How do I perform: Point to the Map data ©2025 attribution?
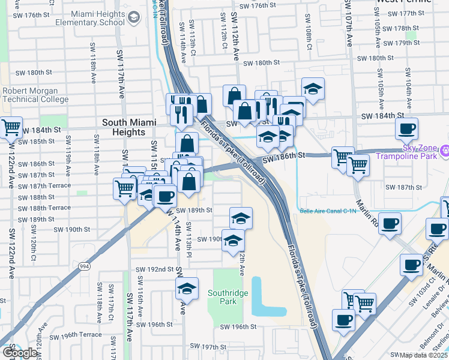tap(423, 355)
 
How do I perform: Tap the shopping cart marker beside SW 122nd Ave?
tap(11, 128)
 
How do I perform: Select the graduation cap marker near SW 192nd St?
tap(187, 289)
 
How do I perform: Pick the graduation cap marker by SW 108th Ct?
tap(312, 89)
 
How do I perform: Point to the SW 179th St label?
tap(403, 43)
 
